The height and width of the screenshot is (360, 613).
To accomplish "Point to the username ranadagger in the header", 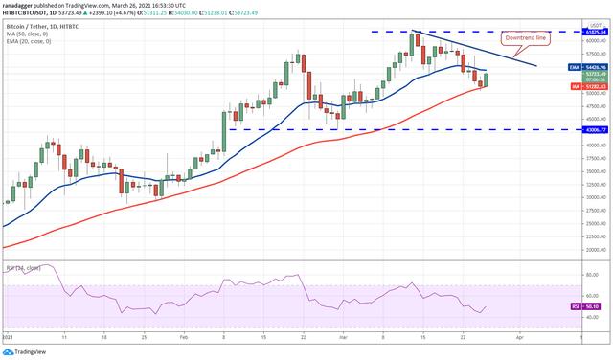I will (x=21, y=4).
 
